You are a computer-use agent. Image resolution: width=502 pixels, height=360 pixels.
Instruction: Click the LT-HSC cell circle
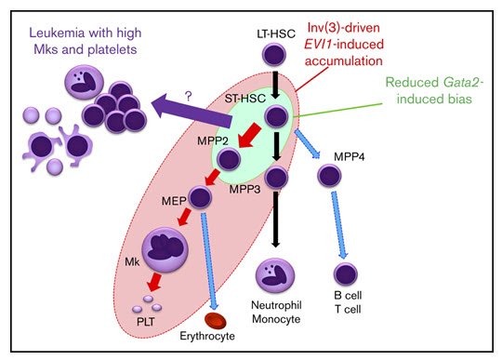274,57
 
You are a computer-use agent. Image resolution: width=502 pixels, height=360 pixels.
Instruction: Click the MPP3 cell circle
275,177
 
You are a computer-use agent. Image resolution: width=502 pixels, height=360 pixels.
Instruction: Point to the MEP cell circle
202,197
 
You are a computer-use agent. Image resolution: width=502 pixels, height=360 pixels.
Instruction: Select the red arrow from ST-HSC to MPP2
248,137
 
